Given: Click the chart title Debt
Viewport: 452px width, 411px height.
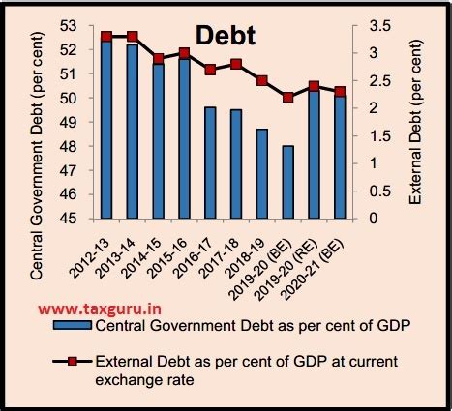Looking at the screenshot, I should pyautogui.click(x=226, y=36).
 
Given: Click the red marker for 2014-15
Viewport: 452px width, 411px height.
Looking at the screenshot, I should pyautogui.click(x=158, y=59).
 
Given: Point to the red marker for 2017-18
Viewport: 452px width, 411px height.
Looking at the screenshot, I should pyautogui.click(x=236, y=64).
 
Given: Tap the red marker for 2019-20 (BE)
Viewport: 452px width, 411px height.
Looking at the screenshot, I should pyautogui.click(x=288, y=97).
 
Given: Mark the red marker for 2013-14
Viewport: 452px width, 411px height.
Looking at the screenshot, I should pyautogui.click(x=132, y=37).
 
